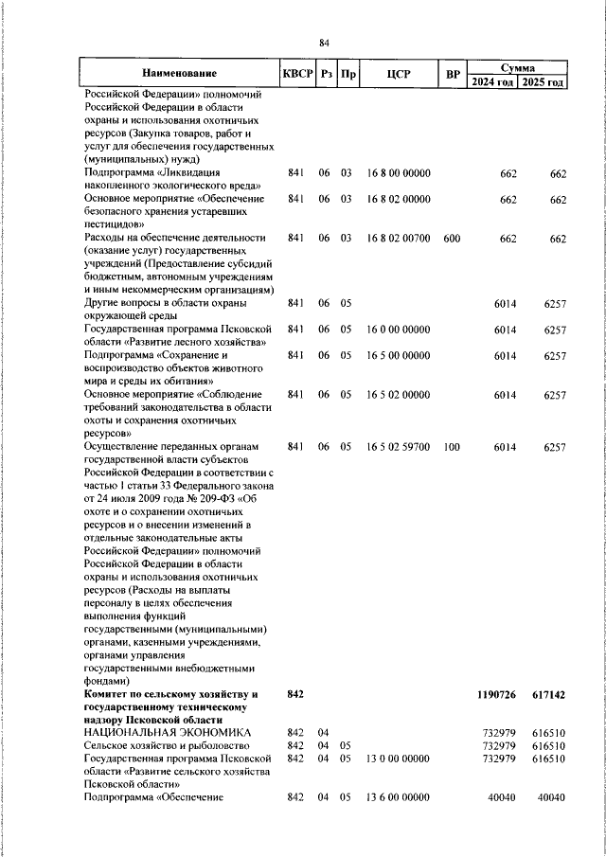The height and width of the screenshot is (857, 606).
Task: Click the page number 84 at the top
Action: point(324,43)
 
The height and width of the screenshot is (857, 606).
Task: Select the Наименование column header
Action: point(179,74)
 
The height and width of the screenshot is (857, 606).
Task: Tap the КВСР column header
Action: point(296,74)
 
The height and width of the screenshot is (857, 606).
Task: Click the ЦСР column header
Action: point(397,74)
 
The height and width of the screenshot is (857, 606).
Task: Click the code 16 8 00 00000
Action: point(399,173)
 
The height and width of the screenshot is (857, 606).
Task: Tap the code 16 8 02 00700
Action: point(399,238)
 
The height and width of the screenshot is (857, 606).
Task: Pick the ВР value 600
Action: point(452,238)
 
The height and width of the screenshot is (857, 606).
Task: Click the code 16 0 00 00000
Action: point(399,330)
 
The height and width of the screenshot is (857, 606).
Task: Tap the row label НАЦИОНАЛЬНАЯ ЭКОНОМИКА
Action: point(167,733)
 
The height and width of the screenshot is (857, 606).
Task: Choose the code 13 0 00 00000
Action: point(399,759)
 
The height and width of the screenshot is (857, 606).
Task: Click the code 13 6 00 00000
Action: point(399,797)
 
